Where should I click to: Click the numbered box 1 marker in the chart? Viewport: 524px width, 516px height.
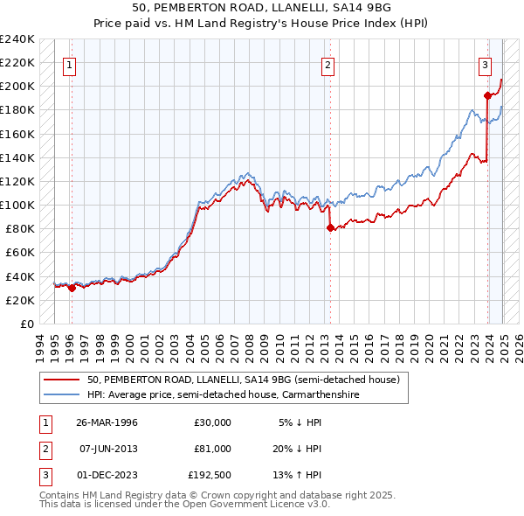pos(69,63)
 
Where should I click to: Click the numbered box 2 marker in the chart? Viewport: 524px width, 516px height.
pos(327,63)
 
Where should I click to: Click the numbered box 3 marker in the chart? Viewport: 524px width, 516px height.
pos(485,63)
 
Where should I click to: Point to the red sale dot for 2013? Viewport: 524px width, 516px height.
pos(330,228)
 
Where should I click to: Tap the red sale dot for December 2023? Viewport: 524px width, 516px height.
pos(487,95)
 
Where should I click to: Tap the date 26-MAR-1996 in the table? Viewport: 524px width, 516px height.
pos(107,422)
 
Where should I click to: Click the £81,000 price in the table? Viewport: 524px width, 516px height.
pos(213,448)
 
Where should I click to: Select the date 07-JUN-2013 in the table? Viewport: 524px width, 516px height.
pos(107,448)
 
